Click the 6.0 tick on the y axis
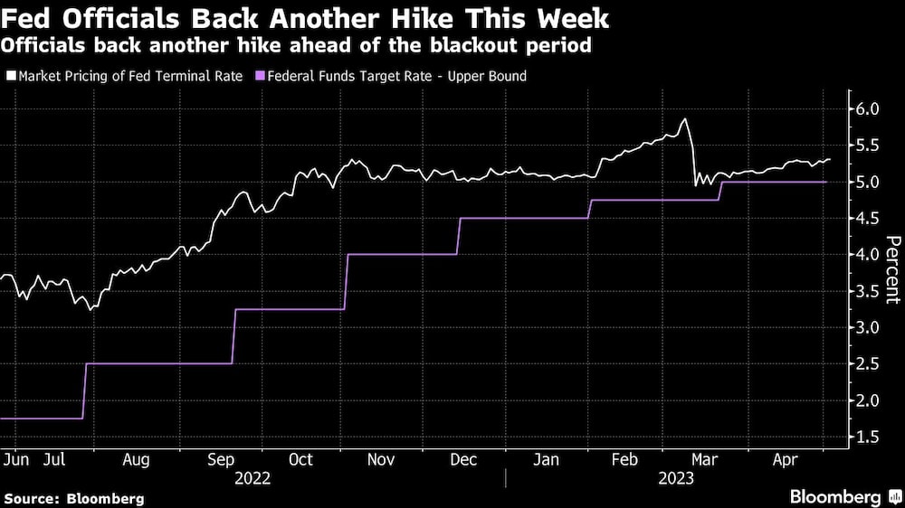[x=867, y=109]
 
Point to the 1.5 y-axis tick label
[x=867, y=437]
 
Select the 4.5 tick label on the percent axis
[x=867, y=219]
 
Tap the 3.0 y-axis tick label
[x=867, y=327]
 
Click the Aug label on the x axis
[x=136, y=459]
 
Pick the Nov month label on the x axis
[x=381, y=459]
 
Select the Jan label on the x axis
[x=547, y=459]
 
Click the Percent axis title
[x=892, y=268]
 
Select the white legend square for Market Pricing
[x=11, y=77]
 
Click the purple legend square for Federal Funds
[x=262, y=77]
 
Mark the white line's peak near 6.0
[x=685, y=118]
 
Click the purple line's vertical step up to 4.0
[x=347, y=281]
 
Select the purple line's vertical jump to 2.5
[x=84, y=390]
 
